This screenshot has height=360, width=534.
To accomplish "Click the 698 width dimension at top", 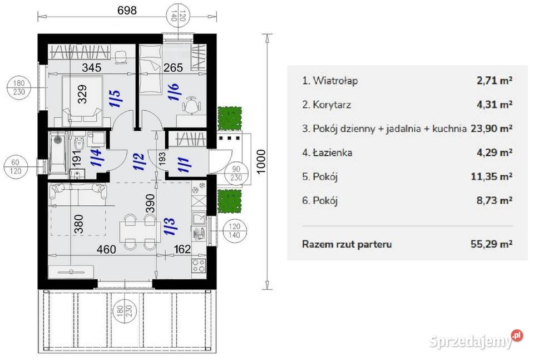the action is [127, 10].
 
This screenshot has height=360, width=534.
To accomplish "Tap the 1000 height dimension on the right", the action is [261, 162].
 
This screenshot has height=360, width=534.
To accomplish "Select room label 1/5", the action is [116, 98].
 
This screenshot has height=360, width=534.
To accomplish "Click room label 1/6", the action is [174, 92].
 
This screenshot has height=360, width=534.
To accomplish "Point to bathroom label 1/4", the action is [96, 157].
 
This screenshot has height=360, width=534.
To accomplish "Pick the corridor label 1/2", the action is [139, 161].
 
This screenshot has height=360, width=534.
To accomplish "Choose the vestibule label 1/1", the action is [184, 164].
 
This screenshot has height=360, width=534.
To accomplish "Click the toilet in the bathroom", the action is [78, 142].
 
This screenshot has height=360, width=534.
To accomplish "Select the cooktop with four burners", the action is [199, 265].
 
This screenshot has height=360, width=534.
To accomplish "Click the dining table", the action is [140, 231].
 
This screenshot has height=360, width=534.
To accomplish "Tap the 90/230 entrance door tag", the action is [236, 174].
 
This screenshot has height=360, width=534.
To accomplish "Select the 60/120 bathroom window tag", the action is [16, 166].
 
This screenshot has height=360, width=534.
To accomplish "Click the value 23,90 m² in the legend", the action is [491, 129].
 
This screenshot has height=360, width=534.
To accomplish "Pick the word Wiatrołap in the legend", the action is [335, 81].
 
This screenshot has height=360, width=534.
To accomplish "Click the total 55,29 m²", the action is [491, 244].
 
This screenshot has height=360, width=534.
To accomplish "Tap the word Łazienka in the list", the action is [332, 152].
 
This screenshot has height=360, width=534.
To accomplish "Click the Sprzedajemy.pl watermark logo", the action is [476, 339].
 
